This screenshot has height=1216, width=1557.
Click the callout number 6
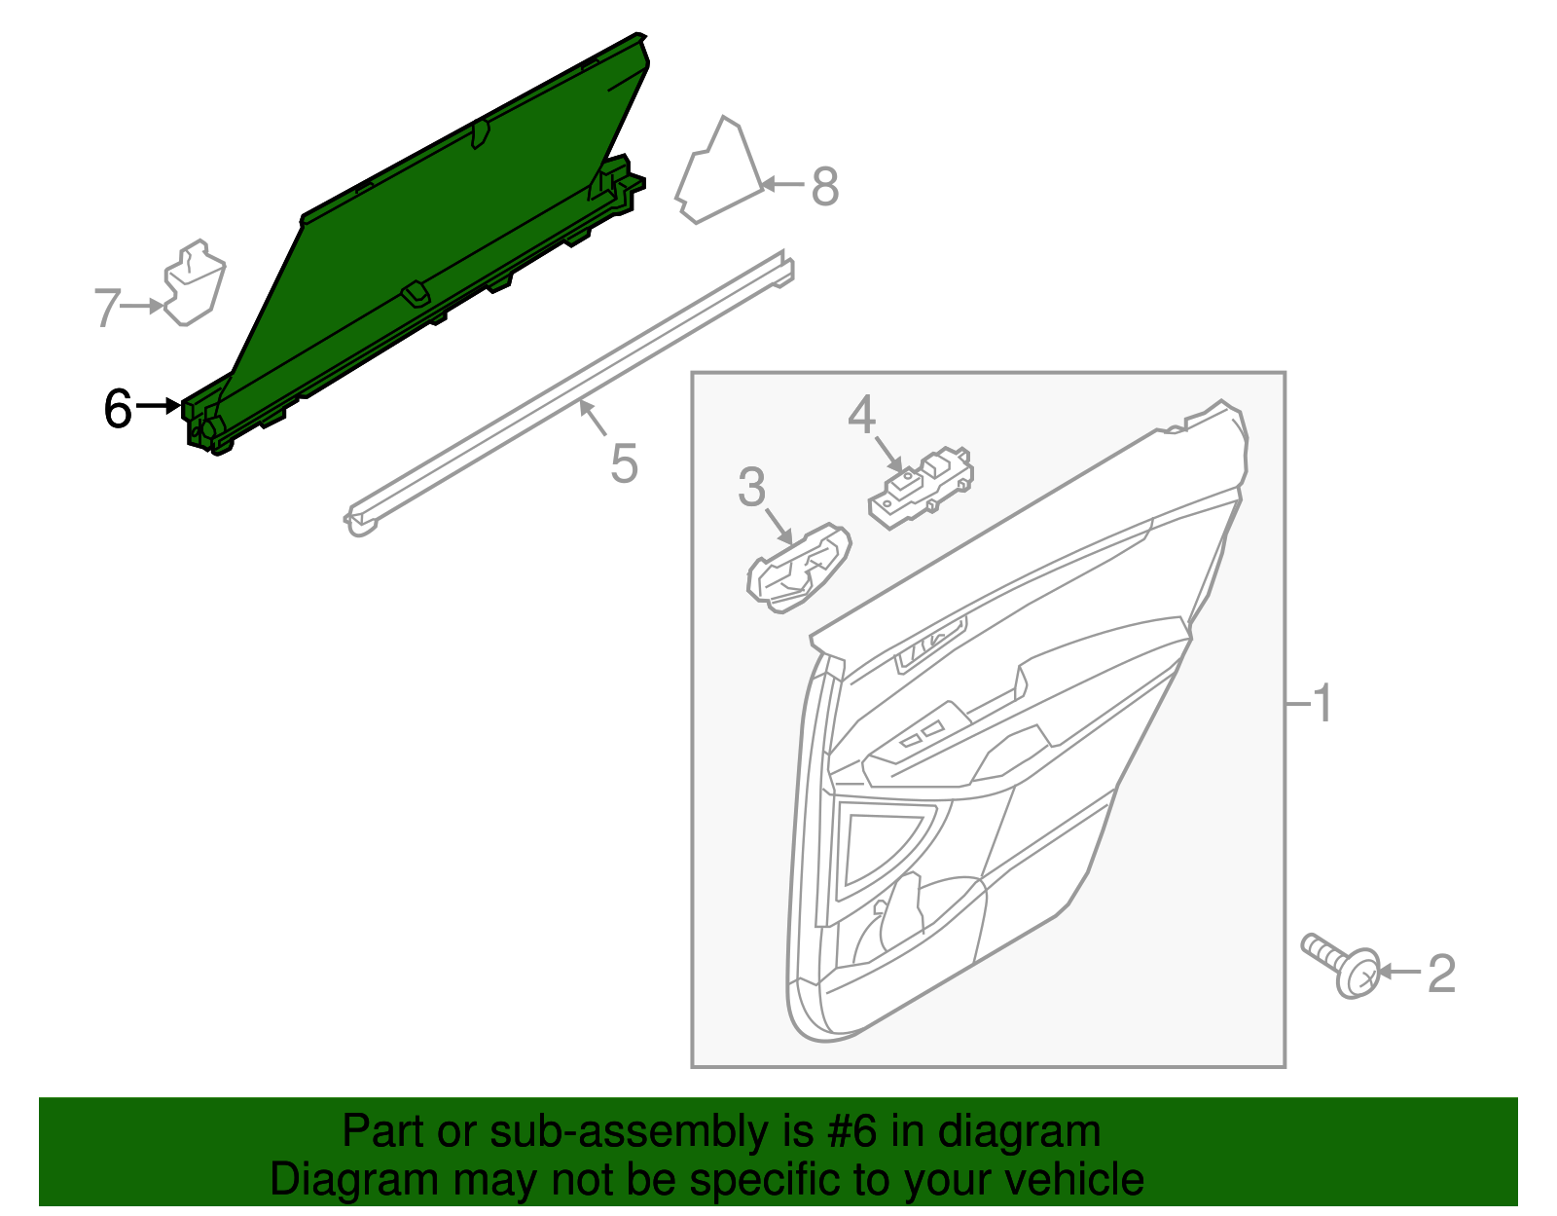tap(118, 408)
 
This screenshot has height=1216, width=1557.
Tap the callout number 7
tap(106, 308)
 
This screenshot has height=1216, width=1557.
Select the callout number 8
tap(824, 186)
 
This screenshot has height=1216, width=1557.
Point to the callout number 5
tap(624, 462)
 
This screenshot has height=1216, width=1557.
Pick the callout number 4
tap(861, 416)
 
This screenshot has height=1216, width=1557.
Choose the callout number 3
tap(751, 487)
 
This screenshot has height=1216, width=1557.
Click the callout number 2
tap(1441, 973)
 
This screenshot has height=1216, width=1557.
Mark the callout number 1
tap(1322, 703)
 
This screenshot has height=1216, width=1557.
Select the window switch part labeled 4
tap(920, 486)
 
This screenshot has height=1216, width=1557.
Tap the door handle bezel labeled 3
tap(797, 569)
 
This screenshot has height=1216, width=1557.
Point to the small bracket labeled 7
tap(195, 282)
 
